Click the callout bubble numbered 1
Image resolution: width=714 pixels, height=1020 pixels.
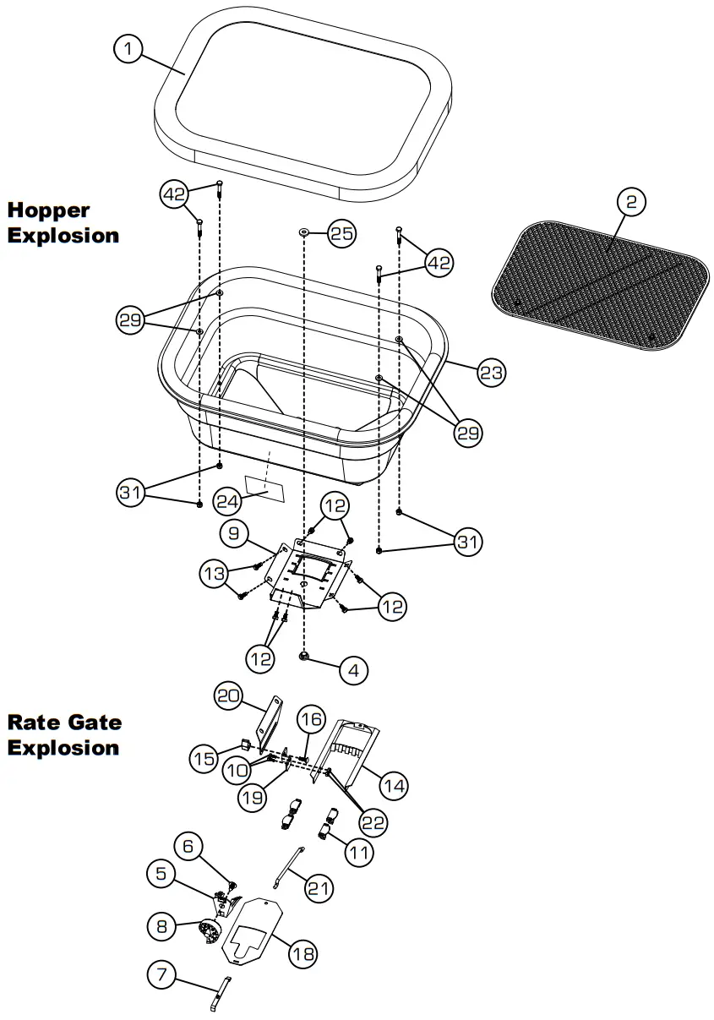click(x=128, y=50)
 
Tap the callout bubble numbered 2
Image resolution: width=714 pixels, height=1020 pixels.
click(x=631, y=202)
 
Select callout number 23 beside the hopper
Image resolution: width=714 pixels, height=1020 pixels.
click(x=492, y=372)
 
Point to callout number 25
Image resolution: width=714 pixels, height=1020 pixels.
click(x=341, y=234)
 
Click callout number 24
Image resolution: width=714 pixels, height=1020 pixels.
click(x=226, y=501)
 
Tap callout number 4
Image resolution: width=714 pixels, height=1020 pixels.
click(x=353, y=671)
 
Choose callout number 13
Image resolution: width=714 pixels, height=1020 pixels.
click(x=215, y=574)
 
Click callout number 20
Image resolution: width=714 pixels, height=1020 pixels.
click(x=227, y=696)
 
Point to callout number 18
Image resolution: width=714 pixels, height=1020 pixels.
click(x=302, y=954)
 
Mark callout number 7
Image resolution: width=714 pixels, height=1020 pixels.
click(x=162, y=977)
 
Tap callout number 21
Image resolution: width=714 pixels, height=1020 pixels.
click(x=319, y=888)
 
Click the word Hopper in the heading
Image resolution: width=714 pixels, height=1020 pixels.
click(x=49, y=210)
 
